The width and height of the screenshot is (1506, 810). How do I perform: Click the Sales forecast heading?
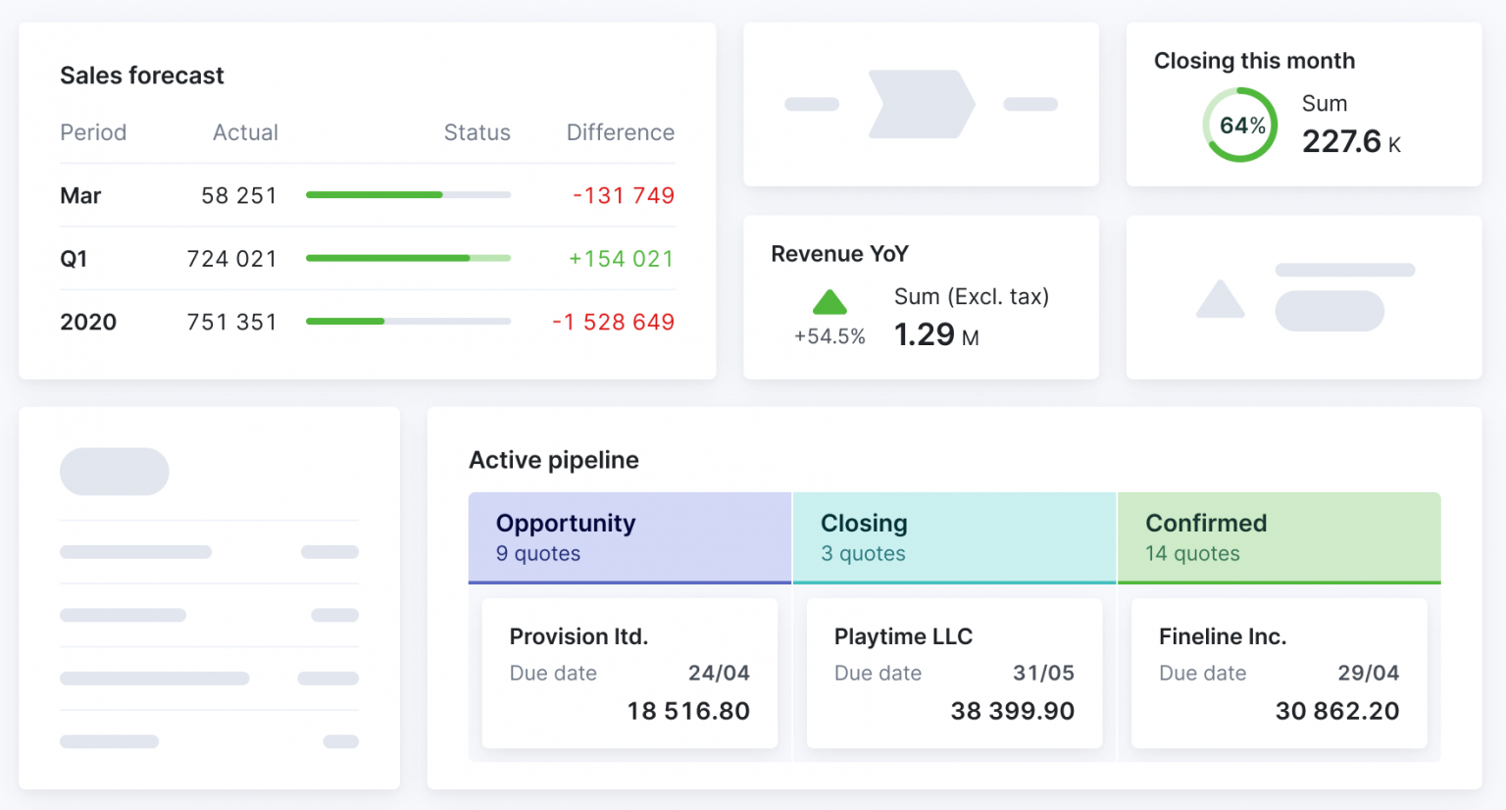142,76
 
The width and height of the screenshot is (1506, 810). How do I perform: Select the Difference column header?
620,132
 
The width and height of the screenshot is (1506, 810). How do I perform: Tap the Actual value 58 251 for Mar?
239,196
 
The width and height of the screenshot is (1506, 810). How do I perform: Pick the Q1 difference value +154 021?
621,259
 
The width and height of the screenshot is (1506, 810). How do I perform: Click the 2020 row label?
88,322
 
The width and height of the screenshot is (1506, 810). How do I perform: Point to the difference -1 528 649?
613,322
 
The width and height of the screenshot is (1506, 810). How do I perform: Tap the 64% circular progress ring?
1240,125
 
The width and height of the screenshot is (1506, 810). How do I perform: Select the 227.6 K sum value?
1350,142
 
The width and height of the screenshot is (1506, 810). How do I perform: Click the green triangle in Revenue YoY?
829,301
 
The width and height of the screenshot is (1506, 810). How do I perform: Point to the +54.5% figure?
829,336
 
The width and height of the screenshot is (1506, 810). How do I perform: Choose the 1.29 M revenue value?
935,335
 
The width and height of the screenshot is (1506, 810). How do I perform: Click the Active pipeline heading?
554,460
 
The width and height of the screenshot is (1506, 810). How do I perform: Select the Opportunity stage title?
566,523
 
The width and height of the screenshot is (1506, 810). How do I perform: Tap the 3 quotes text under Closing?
863,553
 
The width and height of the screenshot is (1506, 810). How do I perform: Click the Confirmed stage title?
1206,523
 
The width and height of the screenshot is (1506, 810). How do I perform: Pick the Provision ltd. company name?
578,636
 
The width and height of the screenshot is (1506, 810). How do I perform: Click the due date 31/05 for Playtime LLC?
1043,673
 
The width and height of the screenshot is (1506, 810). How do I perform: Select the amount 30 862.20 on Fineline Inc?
1336,711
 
